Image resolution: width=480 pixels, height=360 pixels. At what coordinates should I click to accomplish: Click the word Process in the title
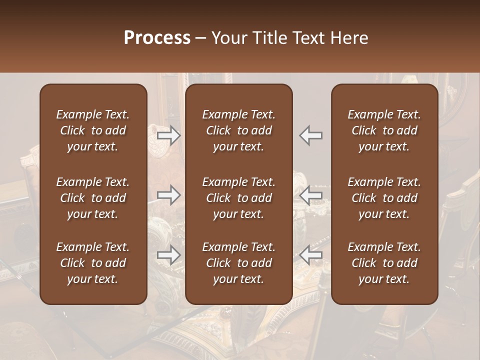click(x=157, y=38)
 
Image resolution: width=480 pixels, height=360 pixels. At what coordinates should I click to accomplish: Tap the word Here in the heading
click(x=349, y=38)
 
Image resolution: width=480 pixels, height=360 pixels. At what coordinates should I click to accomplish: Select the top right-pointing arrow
click(x=169, y=135)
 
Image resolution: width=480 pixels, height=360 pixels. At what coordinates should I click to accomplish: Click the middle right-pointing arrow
click(x=169, y=195)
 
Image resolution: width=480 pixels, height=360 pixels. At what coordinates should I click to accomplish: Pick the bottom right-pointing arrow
click(x=169, y=255)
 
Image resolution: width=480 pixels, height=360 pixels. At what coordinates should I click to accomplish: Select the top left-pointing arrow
click(x=310, y=135)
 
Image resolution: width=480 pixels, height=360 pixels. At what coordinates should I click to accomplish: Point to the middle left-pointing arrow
click(x=310, y=195)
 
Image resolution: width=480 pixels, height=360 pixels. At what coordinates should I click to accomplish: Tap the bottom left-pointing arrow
click(x=310, y=255)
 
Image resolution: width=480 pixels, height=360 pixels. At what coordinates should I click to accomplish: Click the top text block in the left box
click(x=93, y=130)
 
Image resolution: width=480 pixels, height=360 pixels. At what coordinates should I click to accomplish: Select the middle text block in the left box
click(x=93, y=198)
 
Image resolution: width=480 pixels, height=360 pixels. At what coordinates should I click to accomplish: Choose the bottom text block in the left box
click(x=93, y=263)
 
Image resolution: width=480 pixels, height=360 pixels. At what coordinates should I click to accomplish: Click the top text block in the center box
click(x=238, y=130)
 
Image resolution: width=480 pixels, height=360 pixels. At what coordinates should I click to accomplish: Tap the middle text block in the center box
click(x=238, y=198)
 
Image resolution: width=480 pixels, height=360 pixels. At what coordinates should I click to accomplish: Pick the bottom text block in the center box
click(x=238, y=263)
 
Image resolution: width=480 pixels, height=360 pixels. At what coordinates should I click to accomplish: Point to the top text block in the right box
click(x=384, y=130)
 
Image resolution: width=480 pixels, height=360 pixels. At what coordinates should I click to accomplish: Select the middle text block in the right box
click(x=384, y=198)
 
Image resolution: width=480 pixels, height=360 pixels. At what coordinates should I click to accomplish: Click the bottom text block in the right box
click(x=384, y=263)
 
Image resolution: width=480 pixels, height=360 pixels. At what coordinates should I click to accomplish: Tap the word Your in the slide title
click(x=227, y=38)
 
